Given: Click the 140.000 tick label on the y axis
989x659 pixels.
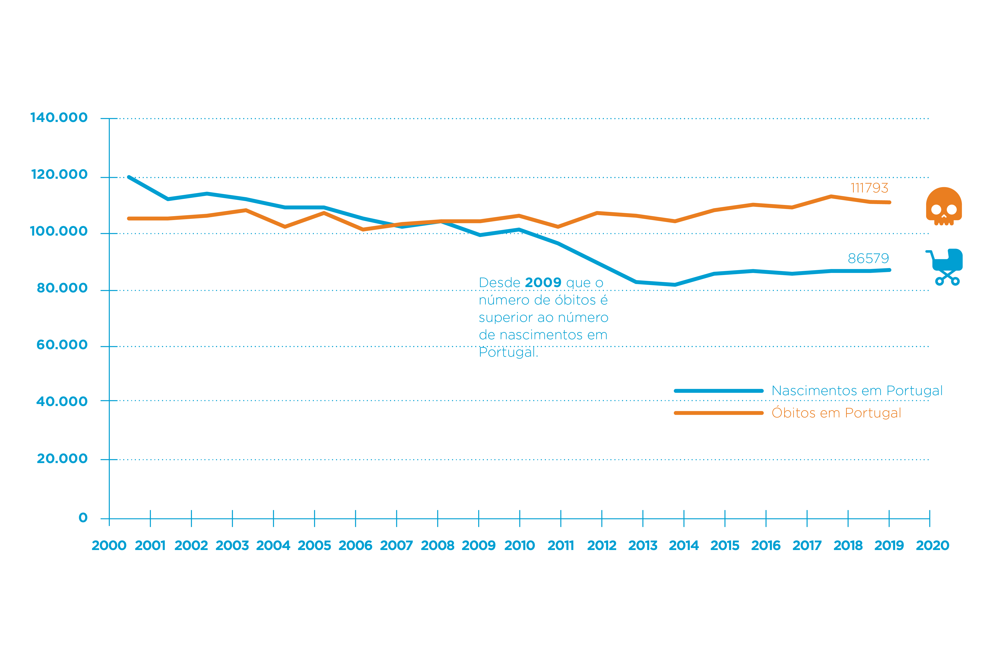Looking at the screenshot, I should (59, 118).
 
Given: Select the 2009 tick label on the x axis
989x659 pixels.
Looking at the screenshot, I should (479, 546).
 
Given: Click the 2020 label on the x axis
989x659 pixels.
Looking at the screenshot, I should (932, 546).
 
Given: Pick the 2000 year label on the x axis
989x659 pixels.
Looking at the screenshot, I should (109, 546).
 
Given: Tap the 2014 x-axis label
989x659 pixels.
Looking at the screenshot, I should (684, 546).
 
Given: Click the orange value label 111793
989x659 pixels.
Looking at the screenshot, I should (869, 188).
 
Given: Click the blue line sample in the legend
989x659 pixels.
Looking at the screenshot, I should (718, 391).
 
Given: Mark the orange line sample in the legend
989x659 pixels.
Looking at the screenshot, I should (718, 413).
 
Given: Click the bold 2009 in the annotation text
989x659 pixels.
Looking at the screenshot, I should (543, 282).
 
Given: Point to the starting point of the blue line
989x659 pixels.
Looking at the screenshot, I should (129, 177).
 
